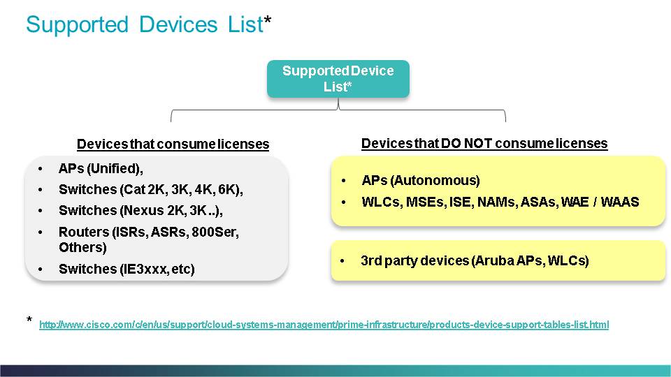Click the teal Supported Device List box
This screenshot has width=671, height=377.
point(338,79)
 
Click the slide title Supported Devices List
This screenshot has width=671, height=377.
point(148,24)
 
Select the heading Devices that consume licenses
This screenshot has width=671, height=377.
point(173,144)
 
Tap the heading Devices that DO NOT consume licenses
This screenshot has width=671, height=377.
point(484,143)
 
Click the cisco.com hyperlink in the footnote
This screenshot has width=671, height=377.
point(324,325)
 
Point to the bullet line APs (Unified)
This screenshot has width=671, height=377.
point(101,168)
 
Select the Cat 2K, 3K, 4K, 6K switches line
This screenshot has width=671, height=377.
point(151,189)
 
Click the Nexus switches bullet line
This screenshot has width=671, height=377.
point(140,210)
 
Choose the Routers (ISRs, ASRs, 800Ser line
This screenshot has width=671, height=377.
point(148,232)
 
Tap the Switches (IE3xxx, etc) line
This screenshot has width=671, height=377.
point(127,269)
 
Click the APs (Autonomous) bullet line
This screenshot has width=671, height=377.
point(421,180)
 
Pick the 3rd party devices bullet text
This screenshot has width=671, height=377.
point(475,260)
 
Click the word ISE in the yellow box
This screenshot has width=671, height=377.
point(460,202)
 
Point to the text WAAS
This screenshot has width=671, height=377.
point(620,202)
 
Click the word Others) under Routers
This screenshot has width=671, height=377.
point(82,247)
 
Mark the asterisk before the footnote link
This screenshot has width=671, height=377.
point(29,319)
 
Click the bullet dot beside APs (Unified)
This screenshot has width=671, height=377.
point(41,169)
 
